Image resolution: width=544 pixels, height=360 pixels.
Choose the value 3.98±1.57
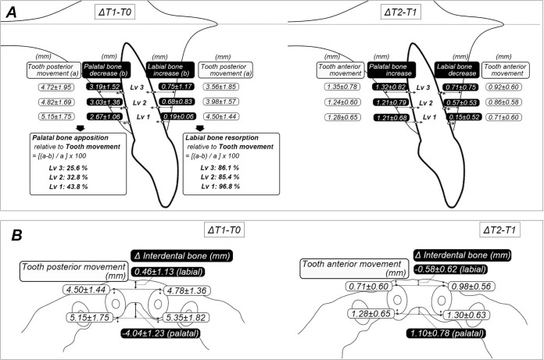click(x=223, y=102)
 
